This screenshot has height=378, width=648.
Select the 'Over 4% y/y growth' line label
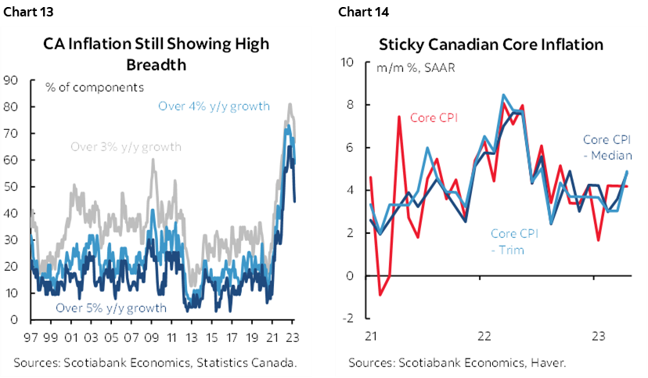[214, 106]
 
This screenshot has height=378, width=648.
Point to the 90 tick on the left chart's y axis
[13, 80]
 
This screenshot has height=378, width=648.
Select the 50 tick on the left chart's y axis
[13, 187]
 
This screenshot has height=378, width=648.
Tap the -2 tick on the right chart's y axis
[351, 319]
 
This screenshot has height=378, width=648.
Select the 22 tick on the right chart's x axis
[484, 336]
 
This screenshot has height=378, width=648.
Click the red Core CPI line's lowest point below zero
[380, 295]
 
